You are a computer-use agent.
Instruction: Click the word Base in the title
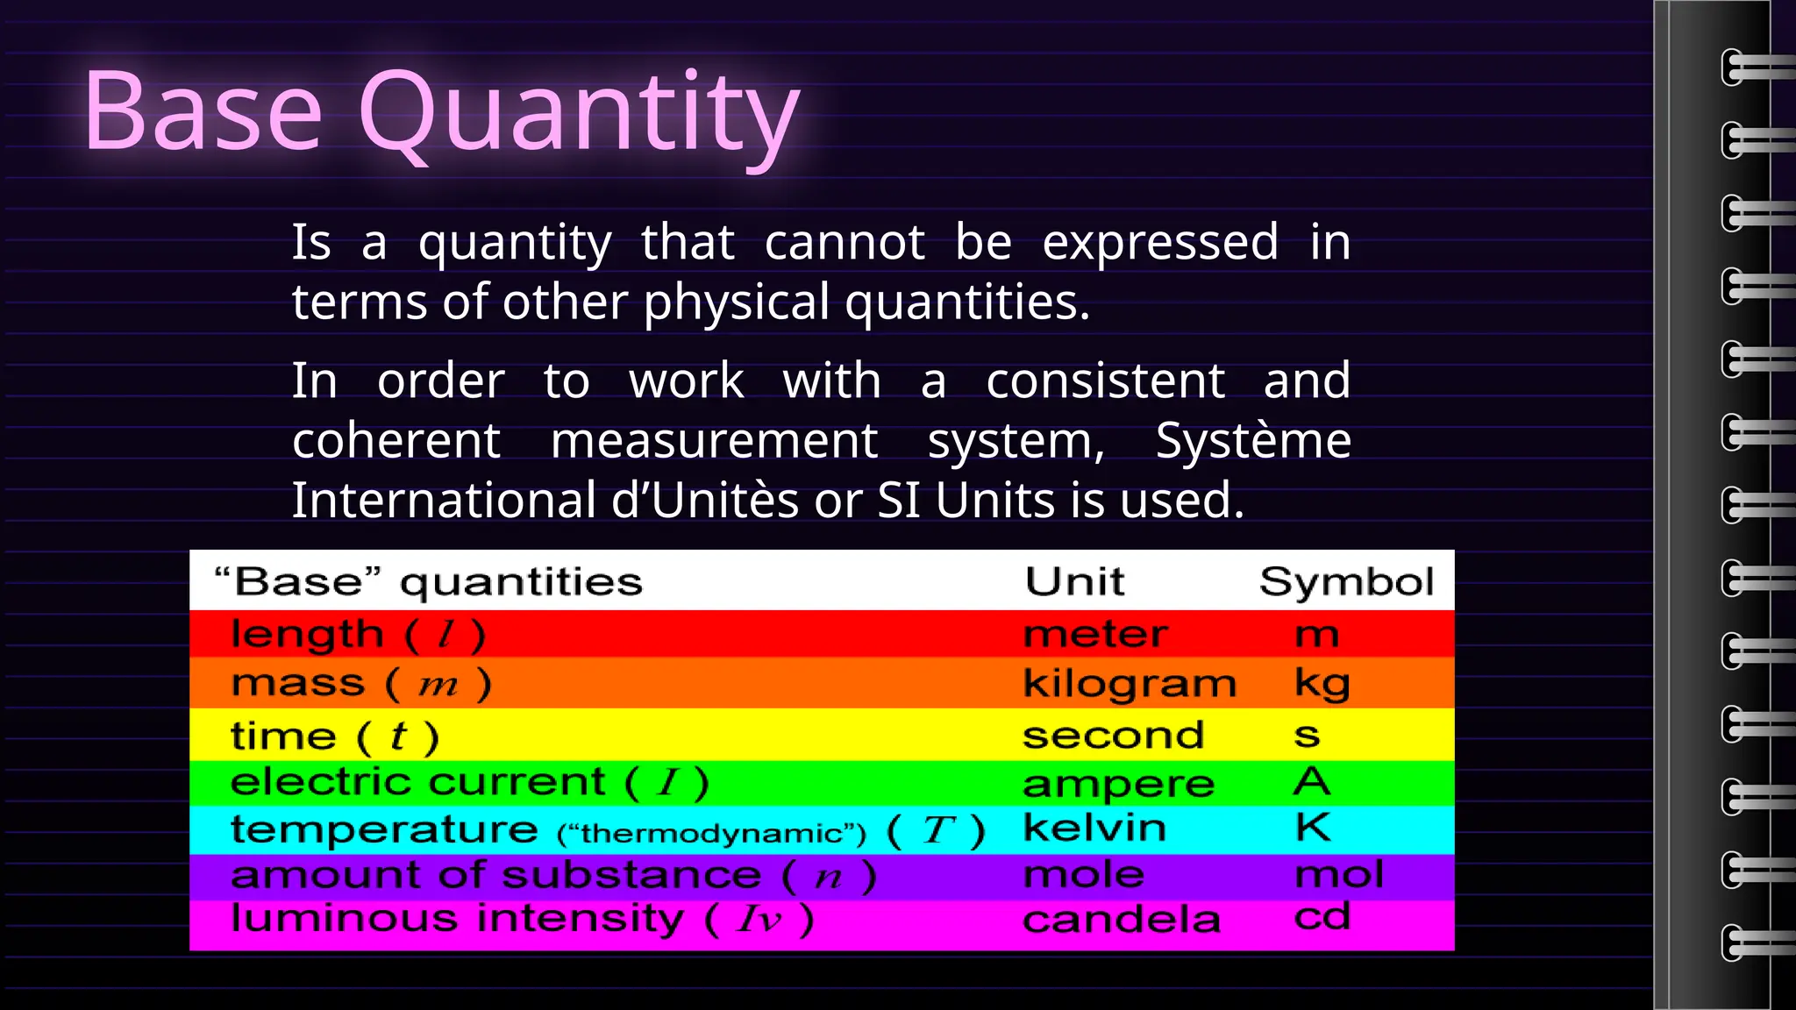203,114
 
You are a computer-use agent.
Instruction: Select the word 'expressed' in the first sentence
1159,243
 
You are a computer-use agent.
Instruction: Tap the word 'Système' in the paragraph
1252,440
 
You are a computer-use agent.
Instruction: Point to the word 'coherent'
396,440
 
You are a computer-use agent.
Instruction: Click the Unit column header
1074,581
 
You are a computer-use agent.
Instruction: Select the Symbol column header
1346,581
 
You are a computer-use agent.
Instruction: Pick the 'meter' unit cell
1095,634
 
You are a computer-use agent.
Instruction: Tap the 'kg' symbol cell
1322,684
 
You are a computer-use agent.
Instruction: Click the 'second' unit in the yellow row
1113,735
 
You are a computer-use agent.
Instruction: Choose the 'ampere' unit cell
1118,783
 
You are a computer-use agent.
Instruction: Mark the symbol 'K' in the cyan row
1313,827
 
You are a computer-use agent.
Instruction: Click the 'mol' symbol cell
1339,874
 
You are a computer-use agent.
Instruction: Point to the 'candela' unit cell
1121,920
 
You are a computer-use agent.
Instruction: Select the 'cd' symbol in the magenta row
1322,917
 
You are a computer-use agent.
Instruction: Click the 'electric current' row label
417,781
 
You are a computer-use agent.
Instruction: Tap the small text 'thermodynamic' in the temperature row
711,833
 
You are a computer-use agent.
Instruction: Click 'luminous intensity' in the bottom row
456,918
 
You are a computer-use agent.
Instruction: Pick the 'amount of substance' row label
495,875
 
